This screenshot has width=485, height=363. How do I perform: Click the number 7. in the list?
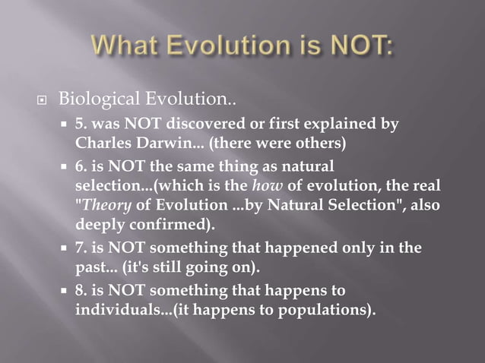pos(82,248)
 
